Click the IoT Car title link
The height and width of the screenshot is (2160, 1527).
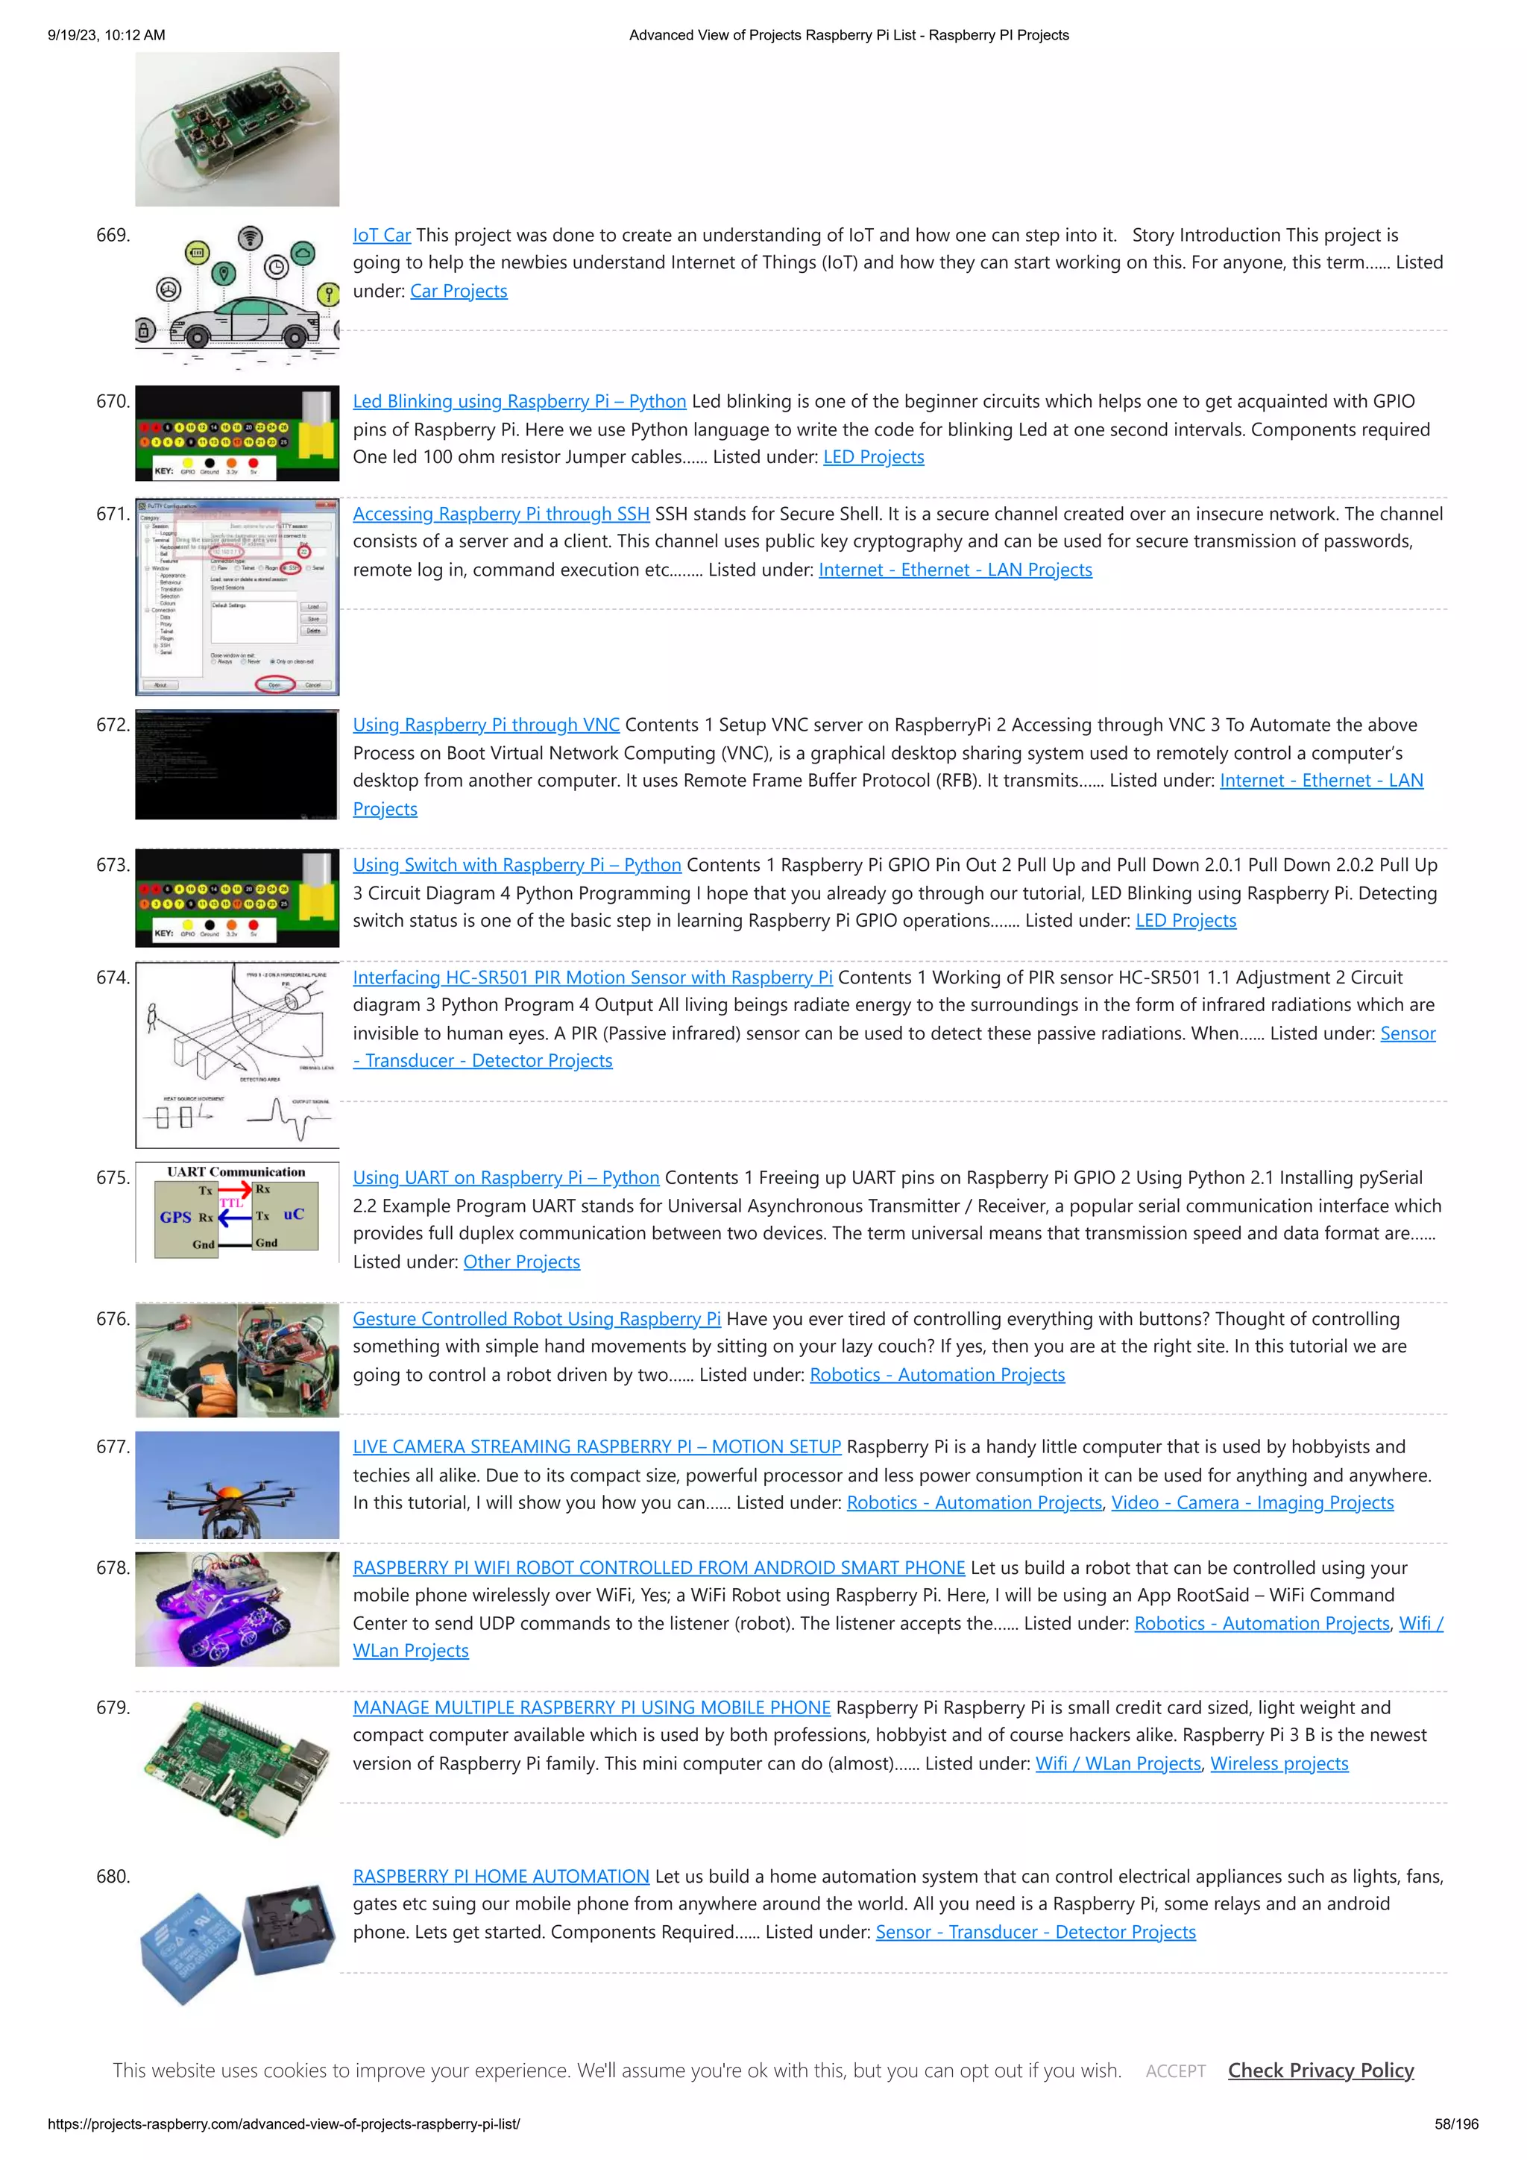(381, 235)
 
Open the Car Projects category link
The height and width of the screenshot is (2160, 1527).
(459, 291)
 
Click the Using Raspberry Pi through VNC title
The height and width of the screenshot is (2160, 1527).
(485, 725)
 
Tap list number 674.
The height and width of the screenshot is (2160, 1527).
(113, 977)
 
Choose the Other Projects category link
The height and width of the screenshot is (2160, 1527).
(521, 1262)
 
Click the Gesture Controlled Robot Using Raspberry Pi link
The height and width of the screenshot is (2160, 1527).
(536, 1319)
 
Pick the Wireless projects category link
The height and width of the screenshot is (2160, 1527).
(1279, 1763)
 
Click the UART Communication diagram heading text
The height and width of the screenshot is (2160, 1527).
(236, 1172)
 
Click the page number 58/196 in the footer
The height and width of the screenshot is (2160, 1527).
(1455, 2123)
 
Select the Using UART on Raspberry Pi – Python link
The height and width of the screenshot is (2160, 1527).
(506, 1178)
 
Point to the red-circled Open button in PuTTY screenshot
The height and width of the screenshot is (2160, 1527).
(274, 684)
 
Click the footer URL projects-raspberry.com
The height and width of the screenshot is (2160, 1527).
(283, 2123)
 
